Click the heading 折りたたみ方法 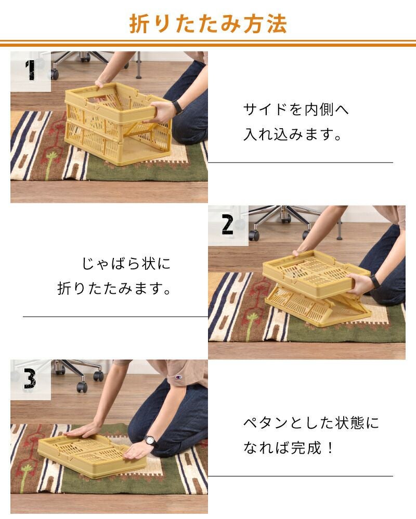208,23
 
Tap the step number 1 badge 31,71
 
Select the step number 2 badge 228,225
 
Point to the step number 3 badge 30,379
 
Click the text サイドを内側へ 295,110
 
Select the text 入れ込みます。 292,134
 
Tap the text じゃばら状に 126,264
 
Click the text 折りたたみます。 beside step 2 114,288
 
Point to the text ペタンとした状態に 311,423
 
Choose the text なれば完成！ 288,448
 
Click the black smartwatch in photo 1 177,107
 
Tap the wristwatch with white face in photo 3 150,441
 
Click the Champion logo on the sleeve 178,377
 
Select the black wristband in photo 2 375,282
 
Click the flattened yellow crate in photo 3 92,456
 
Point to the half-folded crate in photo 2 317,288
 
